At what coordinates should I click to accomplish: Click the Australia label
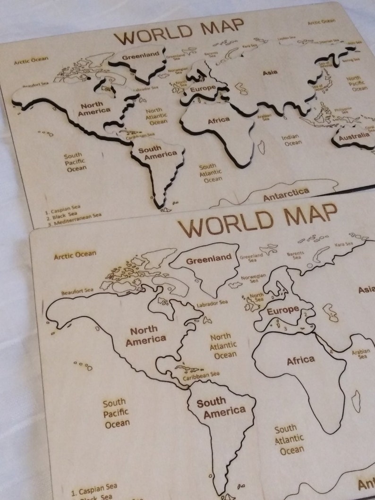pos(354,136)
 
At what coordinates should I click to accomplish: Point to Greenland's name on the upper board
pos(141,56)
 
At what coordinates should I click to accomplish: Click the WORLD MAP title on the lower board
pos(257,220)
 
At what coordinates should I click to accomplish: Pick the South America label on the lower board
pos(221,407)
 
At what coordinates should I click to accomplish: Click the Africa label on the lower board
pos(301,361)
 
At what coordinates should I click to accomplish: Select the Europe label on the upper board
pos(203,88)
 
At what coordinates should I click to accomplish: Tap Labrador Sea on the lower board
pos(212,303)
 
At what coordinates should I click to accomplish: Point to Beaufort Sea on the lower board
pos(77,291)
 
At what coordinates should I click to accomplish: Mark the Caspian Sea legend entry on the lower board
pos(94,489)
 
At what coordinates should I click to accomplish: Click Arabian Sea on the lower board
pos(361,354)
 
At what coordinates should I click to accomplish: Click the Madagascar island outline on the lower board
pos(356,401)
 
